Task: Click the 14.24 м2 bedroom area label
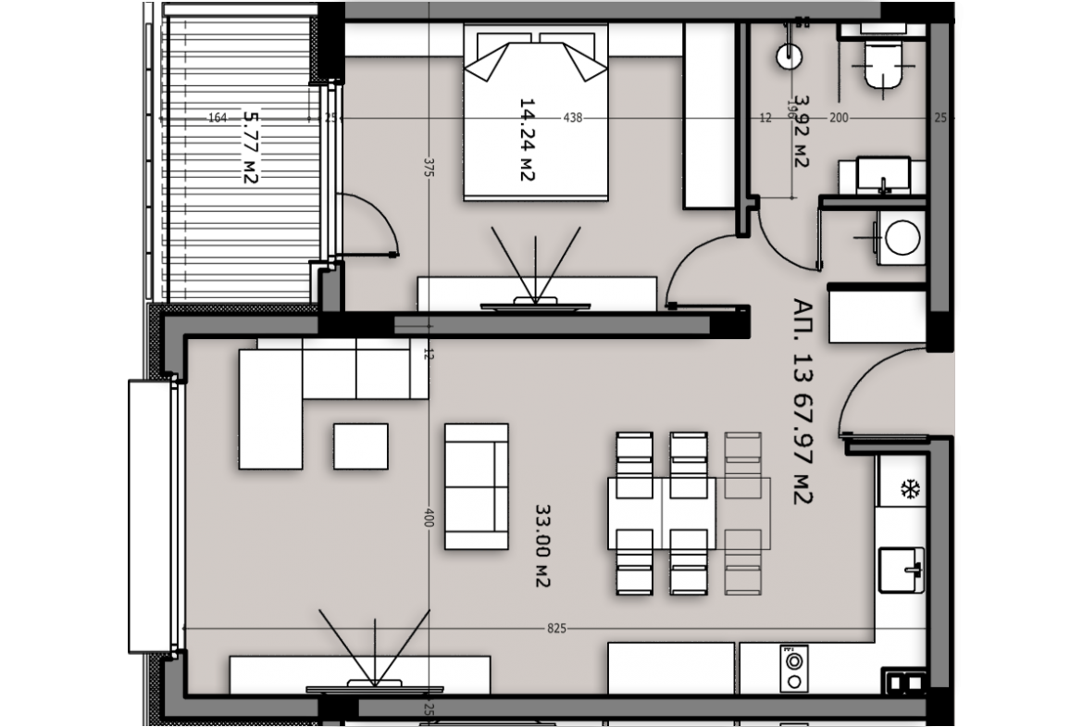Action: coord(527,140)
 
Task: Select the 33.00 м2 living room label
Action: coord(542,545)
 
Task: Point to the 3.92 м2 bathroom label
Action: coord(802,132)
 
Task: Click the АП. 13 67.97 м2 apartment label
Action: coord(803,402)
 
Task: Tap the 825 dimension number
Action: coord(556,628)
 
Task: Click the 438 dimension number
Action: coord(573,118)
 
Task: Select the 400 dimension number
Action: coord(429,518)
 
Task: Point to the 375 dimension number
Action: coord(429,168)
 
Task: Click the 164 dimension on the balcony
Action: coord(218,119)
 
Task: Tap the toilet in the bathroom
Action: coord(883,64)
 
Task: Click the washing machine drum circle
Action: coord(902,238)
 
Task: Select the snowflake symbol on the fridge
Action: coord(911,490)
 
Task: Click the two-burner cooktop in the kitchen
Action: coord(793,669)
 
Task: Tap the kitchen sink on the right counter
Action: coord(902,570)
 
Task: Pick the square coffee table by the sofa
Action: coord(361,446)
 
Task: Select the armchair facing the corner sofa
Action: coord(477,486)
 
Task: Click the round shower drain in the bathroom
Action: coord(789,56)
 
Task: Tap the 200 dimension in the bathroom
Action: coord(839,119)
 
